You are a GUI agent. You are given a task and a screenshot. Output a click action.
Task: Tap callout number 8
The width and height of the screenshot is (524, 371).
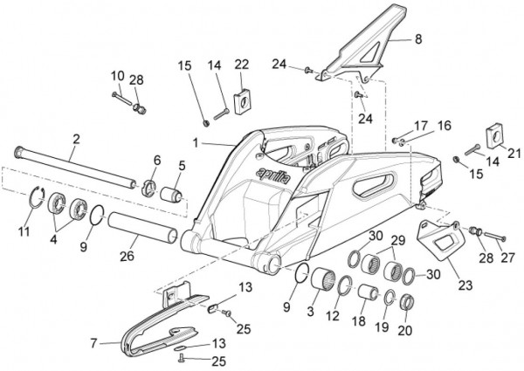[417, 39]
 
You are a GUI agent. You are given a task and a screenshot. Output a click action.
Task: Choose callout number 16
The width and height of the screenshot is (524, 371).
[444, 125]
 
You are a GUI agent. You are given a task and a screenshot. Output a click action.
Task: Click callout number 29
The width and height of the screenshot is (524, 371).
[397, 241]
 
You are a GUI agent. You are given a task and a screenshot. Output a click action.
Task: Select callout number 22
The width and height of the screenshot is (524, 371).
[242, 64]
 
